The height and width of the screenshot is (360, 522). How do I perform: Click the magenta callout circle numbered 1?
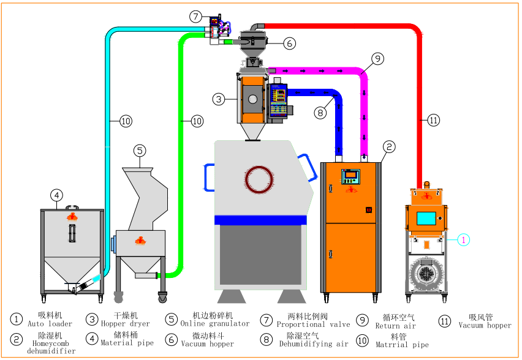(463, 240)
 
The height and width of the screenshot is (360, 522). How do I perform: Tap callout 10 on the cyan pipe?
(126, 121)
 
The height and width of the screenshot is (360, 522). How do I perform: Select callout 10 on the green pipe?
(197, 121)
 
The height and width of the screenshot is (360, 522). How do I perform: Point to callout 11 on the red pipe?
(434, 120)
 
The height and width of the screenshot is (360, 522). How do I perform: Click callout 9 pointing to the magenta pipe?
(377, 59)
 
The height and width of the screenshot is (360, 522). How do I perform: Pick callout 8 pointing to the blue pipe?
(319, 113)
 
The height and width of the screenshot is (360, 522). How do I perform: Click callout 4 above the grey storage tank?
(56, 195)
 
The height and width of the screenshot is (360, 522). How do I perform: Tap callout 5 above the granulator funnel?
(140, 150)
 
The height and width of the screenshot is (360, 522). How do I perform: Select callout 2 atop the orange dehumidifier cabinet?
(389, 146)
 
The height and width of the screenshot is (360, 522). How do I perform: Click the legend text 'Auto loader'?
(50, 324)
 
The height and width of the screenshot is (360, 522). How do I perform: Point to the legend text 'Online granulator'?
(215, 323)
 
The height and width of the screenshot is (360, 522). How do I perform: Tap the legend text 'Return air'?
(395, 326)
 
